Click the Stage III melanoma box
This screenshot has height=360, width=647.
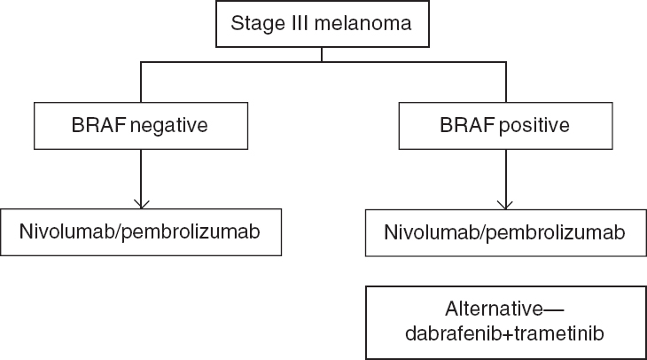point(323,24)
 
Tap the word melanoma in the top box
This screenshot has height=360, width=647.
point(362,23)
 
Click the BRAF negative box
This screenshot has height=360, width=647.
point(141,126)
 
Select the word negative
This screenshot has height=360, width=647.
point(168,126)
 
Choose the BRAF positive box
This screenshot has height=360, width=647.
point(505,126)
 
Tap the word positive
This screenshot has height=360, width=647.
point(534,126)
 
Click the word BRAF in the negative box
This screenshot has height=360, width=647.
point(98,125)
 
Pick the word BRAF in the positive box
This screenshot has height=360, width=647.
point(467,125)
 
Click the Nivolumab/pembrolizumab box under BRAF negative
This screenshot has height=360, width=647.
point(141,232)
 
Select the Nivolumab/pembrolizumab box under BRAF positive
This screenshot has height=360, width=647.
point(506,232)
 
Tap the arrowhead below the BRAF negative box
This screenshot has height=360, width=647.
point(142,204)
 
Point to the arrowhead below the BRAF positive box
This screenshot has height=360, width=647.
point(505,205)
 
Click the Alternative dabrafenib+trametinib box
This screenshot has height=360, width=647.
point(506,323)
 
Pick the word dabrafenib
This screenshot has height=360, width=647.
point(453,333)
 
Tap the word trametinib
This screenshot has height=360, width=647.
point(559,333)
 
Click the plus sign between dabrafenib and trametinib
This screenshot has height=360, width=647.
point(507,334)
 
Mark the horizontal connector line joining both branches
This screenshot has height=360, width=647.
point(323,62)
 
